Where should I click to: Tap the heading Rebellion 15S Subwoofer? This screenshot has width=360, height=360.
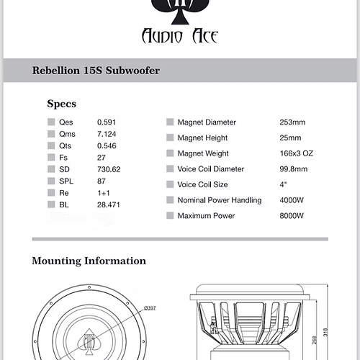(x=96, y=71)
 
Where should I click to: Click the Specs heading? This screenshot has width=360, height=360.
(x=61, y=104)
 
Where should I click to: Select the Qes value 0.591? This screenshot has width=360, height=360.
(x=107, y=122)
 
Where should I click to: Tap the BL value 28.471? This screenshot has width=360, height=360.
(x=109, y=205)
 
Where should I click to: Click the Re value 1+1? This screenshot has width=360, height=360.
(x=104, y=192)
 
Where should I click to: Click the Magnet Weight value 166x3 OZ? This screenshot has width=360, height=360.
(x=296, y=153)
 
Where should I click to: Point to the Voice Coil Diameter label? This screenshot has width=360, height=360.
(x=211, y=169)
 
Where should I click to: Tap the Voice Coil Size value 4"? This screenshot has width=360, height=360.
(x=284, y=185)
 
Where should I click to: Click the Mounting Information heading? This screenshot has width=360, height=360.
(x=89, y=261)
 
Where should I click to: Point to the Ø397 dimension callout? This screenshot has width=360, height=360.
(x=150, y=307)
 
